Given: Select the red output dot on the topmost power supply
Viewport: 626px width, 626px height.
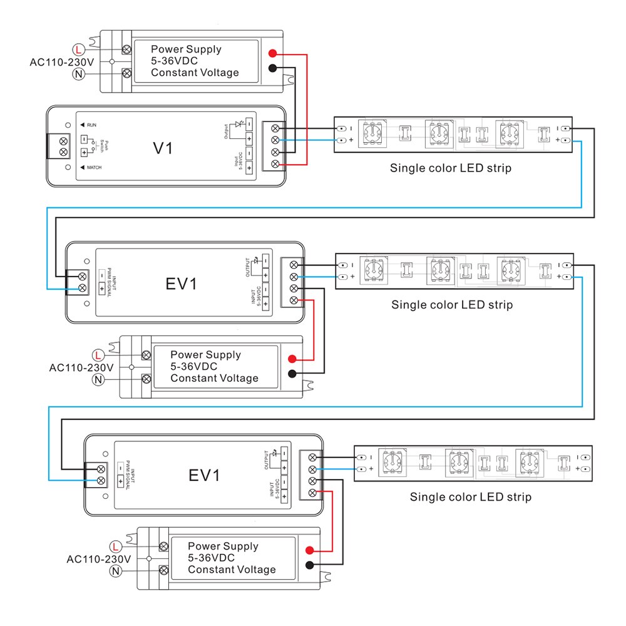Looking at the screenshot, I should coord(272,53).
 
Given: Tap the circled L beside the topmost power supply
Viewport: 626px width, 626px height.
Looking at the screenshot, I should coord(79,49).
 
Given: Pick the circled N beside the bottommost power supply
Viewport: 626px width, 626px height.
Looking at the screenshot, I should coord(115,570).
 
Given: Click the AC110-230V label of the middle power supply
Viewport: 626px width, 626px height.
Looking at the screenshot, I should coord(81,367).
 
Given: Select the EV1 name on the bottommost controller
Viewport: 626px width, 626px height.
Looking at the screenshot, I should coord(205,475).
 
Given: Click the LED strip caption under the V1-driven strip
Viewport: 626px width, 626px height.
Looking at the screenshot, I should coord(451,168).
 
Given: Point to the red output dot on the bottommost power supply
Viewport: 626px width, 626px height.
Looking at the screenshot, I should coord(309,551).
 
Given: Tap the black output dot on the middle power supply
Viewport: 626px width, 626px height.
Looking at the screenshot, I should coord(292,374).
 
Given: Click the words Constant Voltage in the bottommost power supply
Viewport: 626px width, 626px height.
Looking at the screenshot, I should coord(232,570).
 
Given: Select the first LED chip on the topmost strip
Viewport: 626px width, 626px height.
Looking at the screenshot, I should coord(371,134).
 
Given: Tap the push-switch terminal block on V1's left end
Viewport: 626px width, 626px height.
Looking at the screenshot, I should coord(63,145).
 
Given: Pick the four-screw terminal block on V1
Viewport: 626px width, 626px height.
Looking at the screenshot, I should coord(274,145).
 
